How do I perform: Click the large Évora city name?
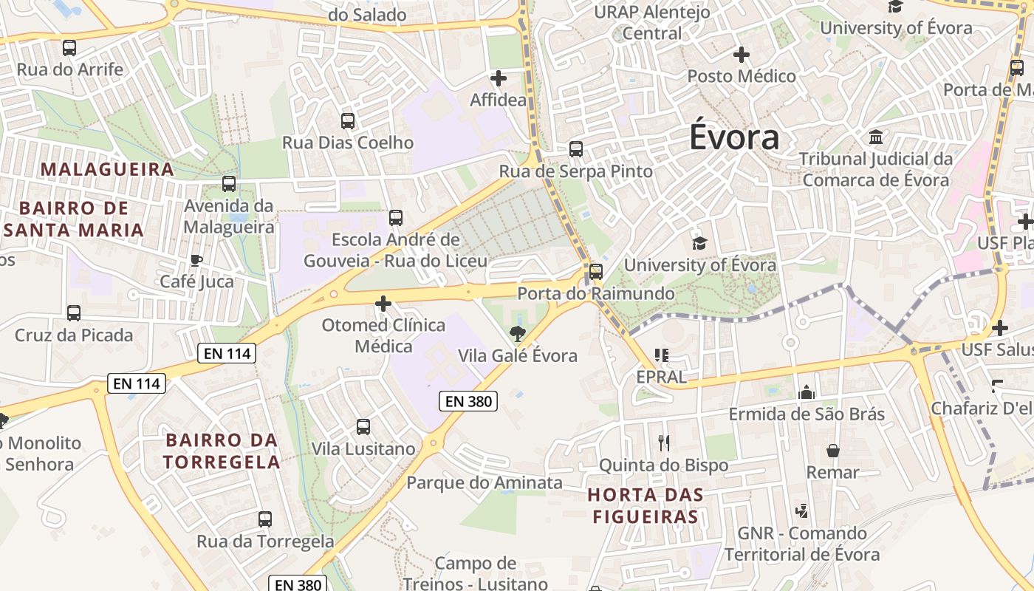click(x=733, y=137)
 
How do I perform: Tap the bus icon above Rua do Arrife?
click(x=69, y=48)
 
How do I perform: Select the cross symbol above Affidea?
click(x=499, y=78)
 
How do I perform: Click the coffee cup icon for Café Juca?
click(x=196, y=260)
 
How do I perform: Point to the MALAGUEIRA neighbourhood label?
click(x=107, y=169)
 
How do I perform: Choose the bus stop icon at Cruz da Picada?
click(x=74, y=312)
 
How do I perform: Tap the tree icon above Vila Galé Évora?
click(x=518, y=333)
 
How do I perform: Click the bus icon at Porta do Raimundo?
click(x=596, y=271)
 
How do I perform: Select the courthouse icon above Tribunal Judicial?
click(x=876, y=137)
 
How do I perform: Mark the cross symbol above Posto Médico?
click(x=742, y=55)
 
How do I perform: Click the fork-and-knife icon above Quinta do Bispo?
click(x=664, y=443)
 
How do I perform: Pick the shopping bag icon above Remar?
click(x=833, y=450)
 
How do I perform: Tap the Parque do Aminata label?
click(x=485, y=483)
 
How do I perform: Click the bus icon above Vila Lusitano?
click(x=363, y=426)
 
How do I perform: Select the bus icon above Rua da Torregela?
click(x=265, y=519)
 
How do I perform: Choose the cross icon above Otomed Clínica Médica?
click(x=383, y=303)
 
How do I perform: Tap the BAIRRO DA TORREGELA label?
click(x=222, y=451)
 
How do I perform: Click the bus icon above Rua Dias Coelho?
click(x=348, y=120)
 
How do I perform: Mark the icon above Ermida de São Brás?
click(x=807, y=392)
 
